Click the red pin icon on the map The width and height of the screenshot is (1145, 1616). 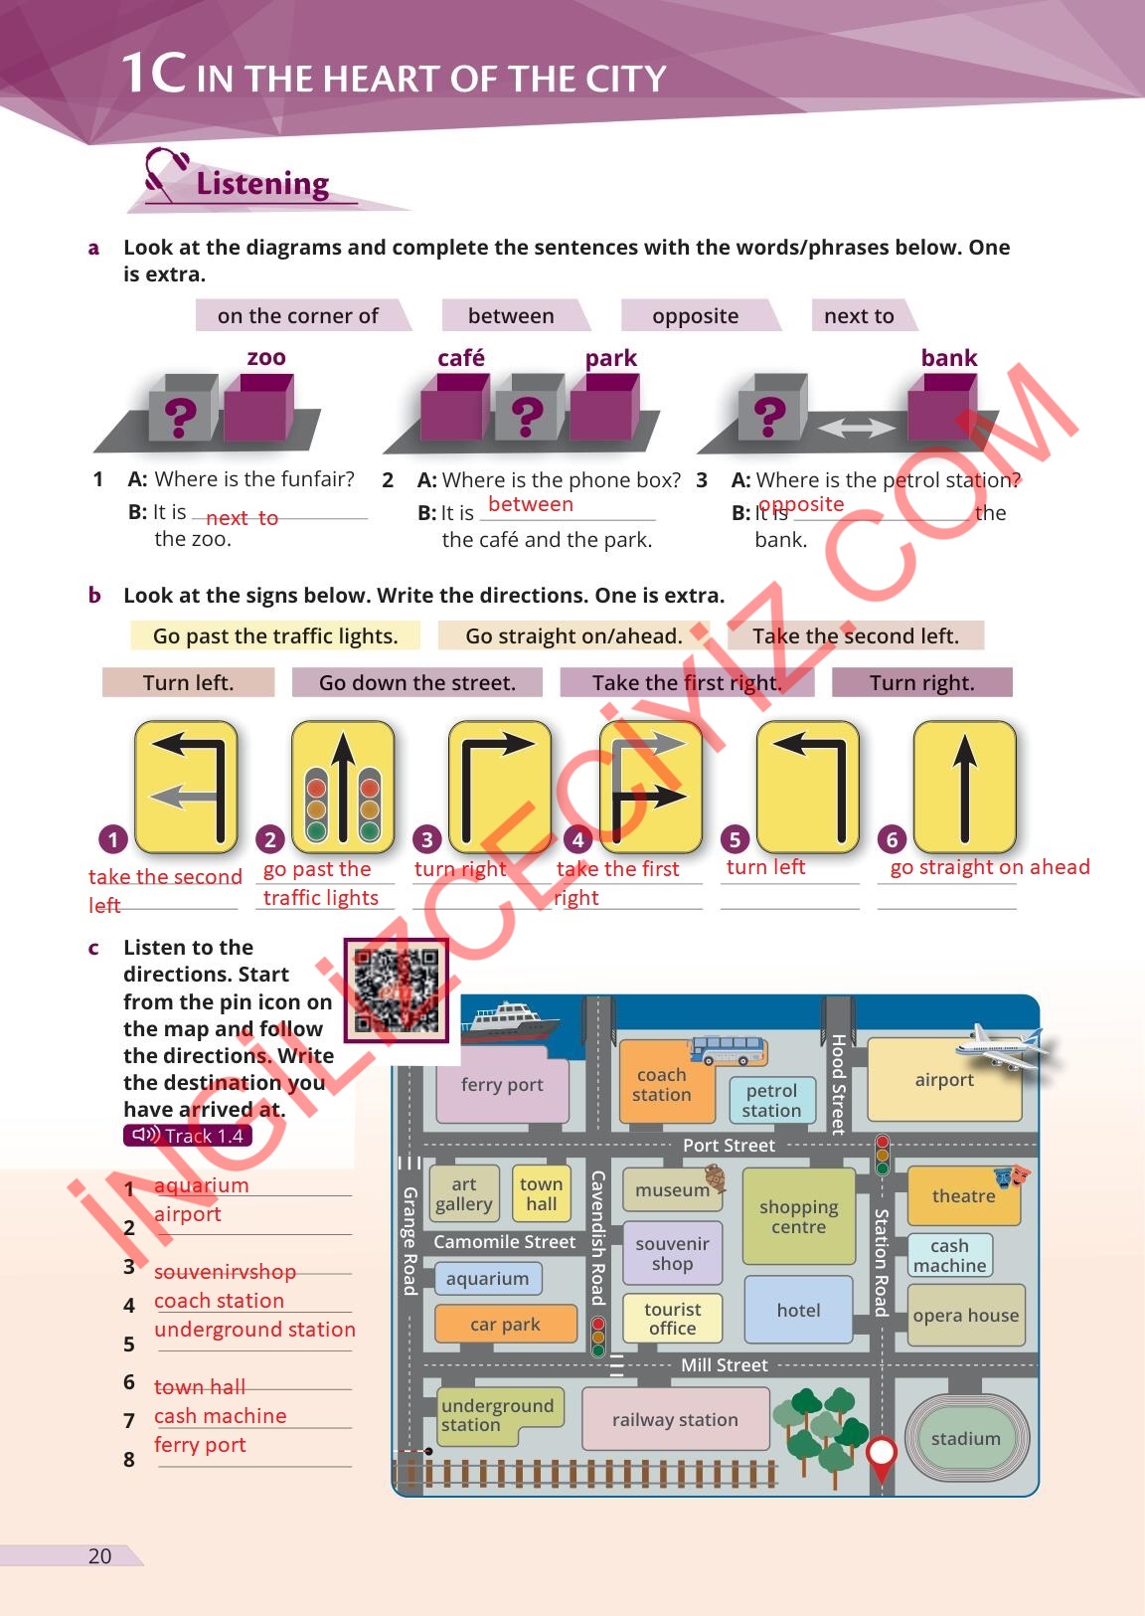pos(882,1454)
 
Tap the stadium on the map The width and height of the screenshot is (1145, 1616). pos(965,1438)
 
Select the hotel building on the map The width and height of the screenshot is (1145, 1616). pos(798,1311)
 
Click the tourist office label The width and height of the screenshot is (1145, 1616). pos(672,1319)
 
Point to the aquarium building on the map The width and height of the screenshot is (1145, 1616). pos(487,1279)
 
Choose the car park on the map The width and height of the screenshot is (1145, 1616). pos(505,1325)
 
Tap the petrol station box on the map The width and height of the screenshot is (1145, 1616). pos(771,1100)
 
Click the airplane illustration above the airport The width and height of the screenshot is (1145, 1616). pos(1001,1046)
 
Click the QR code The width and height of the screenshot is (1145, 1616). pos(397,989)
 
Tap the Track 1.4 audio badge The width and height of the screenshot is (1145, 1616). pos(188,1136)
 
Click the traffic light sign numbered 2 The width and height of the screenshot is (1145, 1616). pos(342,789)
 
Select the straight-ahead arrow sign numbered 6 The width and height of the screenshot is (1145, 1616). pos(964,789)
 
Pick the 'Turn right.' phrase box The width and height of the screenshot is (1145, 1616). pos(921,683)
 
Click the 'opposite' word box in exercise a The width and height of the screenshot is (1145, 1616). pos(696,316)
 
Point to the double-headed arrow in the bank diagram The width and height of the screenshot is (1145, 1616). pos(855,428)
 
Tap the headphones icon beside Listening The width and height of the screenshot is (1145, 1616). pos(165,173)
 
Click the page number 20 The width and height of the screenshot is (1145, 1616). pos(100,1556)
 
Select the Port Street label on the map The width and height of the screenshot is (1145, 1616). pos(729,1146)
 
